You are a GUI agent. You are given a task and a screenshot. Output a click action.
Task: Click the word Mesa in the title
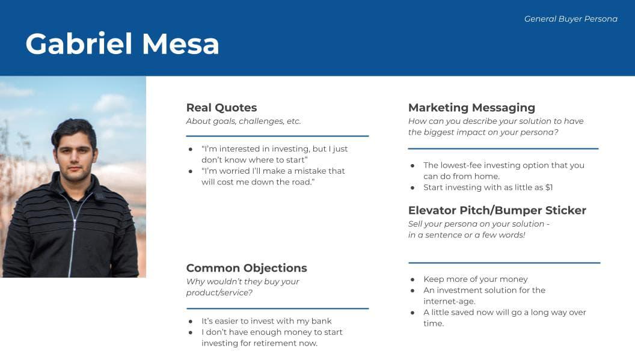(180, 44)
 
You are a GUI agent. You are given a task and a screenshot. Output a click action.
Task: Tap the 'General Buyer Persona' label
(571, 19)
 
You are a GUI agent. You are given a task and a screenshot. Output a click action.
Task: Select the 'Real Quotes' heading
(221, 108)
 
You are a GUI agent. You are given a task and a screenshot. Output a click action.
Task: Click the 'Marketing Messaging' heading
(471, 108)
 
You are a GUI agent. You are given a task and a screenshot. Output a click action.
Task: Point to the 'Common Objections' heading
(247, 268)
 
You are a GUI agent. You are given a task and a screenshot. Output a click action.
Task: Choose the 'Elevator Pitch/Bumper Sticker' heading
(497, 210)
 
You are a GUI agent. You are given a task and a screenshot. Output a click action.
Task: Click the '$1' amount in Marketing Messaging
(548, 188)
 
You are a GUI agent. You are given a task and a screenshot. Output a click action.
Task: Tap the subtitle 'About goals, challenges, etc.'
(243, 121)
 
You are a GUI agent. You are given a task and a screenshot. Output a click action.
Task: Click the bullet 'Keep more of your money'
(475, 279)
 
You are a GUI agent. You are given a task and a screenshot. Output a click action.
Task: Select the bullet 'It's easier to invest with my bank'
(266, 321)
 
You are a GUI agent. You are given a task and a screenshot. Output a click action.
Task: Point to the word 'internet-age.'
(449, 301)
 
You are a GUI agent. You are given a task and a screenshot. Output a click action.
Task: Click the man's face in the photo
(75, 156)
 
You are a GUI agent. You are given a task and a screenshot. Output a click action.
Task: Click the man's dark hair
(73, 127)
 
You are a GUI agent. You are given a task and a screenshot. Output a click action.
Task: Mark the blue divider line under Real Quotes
(277, 136)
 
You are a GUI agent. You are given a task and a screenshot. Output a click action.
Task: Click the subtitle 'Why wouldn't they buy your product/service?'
(242, 287)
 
